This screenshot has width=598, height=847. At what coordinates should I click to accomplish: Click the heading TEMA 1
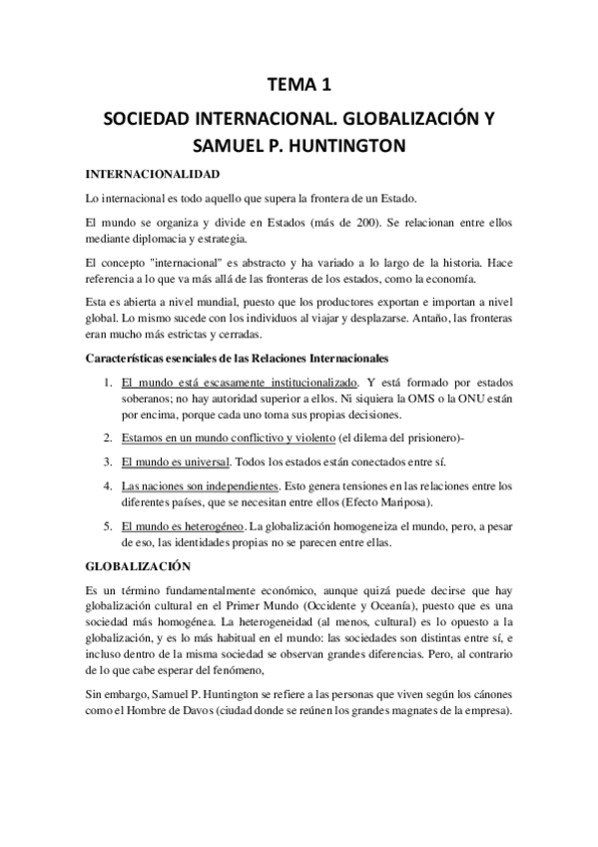point(299,88)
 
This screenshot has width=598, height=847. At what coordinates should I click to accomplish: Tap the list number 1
point(108,381)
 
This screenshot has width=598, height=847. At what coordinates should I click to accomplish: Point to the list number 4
point(108,485)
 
